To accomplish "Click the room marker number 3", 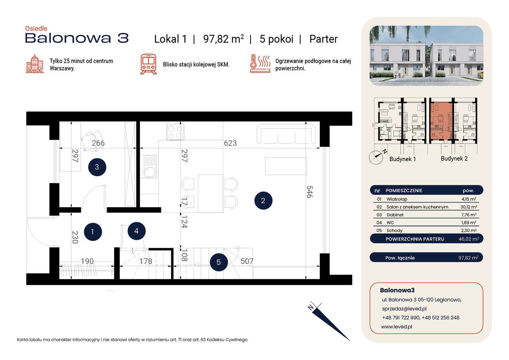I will tap(97, 167).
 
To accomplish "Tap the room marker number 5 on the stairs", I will tap(219, 262).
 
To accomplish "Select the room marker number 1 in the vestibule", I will tap(92, 231).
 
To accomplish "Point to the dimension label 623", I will tap(230, 143).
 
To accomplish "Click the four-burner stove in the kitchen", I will tap(175, 132).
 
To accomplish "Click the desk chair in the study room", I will tap(92, 140).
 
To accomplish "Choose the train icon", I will tap(148, 64).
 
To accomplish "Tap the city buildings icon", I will tap(35, 64).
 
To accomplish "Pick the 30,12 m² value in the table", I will tap(470, 207).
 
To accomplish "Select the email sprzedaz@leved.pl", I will tap(404, 309).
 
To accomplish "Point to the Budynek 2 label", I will tap(454, 158).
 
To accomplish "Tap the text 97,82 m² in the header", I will tap(223, 39).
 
